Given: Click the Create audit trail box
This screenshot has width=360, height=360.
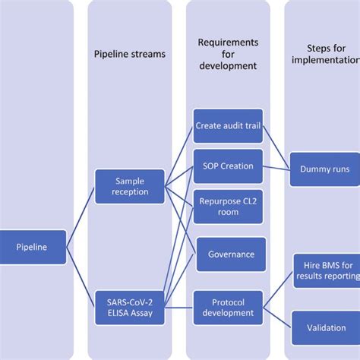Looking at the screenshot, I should pyautogui.click(x=228, y=125).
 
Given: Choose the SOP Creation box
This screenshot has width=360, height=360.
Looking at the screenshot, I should pyautogui.click(x=228, y=166).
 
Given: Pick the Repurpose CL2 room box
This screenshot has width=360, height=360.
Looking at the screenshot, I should pyautogui.click(x=228, y=207).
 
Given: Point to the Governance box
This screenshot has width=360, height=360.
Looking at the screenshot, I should pyautogui.click(x=231, y=254).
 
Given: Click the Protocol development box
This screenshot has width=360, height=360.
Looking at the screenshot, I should pyautogui.click(x=228, y=308).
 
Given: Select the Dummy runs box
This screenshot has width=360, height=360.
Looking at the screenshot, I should pyautogui.click(x=324, y=169).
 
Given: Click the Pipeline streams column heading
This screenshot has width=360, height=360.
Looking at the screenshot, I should pyautogui.click(x=129, y=54).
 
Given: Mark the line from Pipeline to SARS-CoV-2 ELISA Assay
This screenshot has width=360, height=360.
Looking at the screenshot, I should pyautogui.click(x=81, y=277).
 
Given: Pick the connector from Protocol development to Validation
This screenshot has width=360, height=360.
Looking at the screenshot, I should pyautogui.click(x=277, y=319).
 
